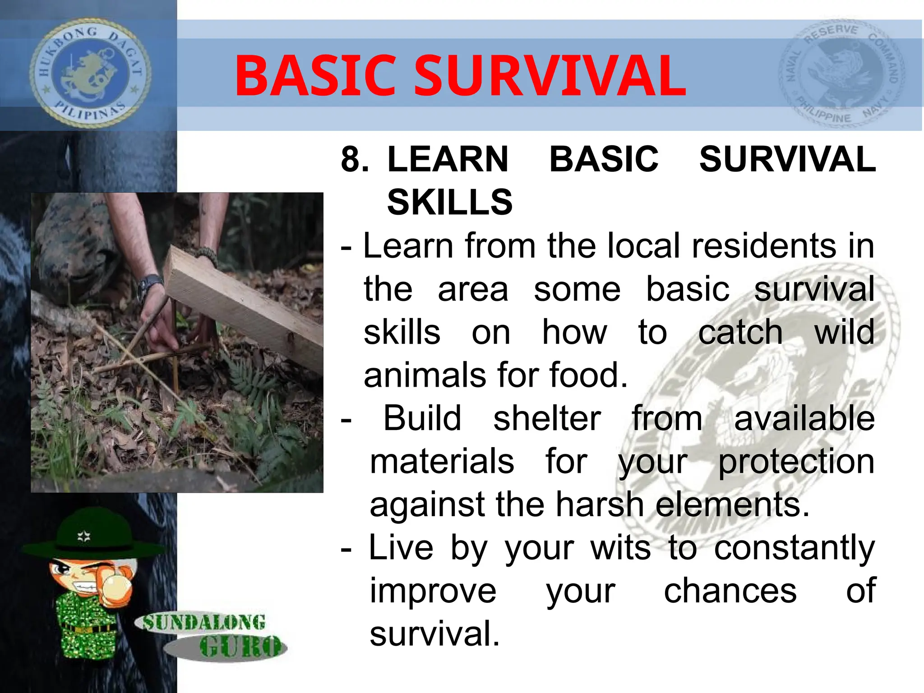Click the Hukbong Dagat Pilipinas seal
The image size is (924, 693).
coord(90,74)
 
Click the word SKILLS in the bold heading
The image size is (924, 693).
coord(450,202)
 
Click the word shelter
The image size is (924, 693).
coord(547,418)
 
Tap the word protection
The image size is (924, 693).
coord(796,462)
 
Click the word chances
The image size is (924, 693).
coord(730,591)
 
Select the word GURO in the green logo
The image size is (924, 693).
coord(240,647)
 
